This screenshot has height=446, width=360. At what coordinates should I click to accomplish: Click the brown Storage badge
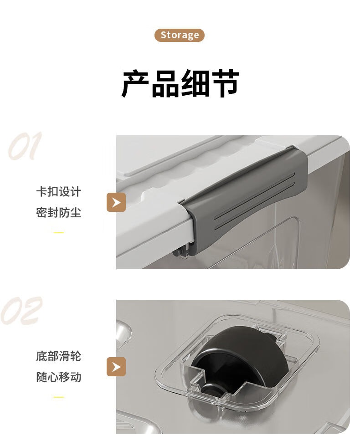point(179,35)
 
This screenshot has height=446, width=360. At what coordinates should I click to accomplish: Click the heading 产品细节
point(180,83)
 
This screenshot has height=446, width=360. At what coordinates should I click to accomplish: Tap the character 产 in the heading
point(135,83)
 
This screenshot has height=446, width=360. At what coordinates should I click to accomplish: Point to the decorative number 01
point(25,146)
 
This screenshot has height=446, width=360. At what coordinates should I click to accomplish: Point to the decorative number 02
point(21,310)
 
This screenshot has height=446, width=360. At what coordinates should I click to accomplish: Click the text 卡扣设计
point(59,192)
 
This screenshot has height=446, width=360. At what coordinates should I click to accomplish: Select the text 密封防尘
point(59,212)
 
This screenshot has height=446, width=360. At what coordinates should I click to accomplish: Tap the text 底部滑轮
point(59,356)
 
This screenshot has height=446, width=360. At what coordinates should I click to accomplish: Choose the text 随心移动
point(59,377)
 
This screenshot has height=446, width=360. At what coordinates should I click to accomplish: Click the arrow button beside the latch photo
point(116,202)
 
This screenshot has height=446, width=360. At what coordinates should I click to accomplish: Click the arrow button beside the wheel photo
point(116,367)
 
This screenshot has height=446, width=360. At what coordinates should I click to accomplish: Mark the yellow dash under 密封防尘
point(59,233)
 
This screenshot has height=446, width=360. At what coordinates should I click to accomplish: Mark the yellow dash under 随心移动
point(59,397)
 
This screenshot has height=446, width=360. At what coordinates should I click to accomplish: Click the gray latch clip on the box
point(245,199)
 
